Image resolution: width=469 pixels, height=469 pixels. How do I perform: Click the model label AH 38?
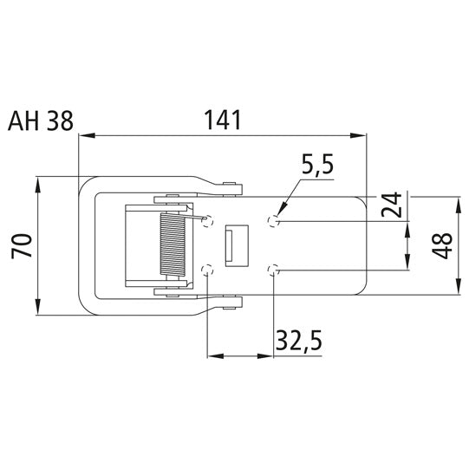[x=41, y=121]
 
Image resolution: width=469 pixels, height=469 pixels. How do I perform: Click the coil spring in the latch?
[x=172, y=246]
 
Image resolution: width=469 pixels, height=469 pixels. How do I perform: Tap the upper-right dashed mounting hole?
[x=274, y=222]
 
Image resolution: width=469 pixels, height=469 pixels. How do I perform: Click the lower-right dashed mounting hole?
[x=274, y=270]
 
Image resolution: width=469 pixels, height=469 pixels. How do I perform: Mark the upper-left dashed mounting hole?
[x=207, y=222]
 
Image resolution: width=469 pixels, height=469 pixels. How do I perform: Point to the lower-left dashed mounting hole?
[x=207, y=271]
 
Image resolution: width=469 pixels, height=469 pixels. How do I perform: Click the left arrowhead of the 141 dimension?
[x=83, y=135]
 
